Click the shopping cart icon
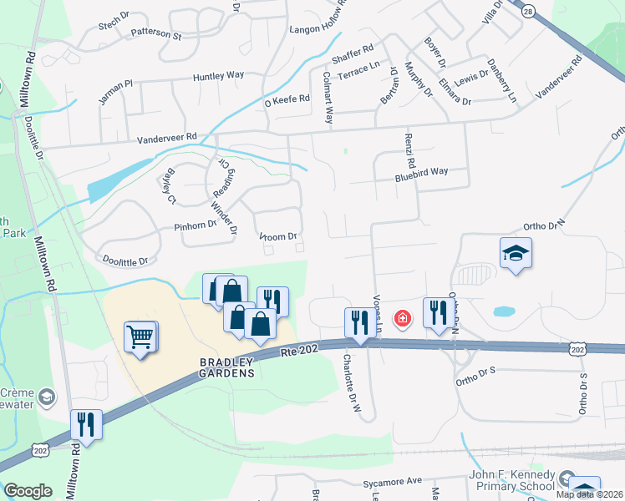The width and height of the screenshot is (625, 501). pyautogui.click(x=140, y=337)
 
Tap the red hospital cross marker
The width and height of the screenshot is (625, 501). pyautogui.click(x=402, y=319)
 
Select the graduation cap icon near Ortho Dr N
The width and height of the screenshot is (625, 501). pyautogui.click(x=516, y=254)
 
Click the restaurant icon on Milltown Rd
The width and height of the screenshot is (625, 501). pyautogui.click(x=85, y=425)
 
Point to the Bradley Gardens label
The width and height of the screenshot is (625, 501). pyautogui.click(x=226, y=367)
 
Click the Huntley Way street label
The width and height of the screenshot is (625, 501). pyautogui.click(x=218, y=75)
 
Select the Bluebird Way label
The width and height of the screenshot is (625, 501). pyautogui.click(x=422, y=172)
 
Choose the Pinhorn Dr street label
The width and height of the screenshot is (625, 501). pyautogui.click(x=195, y=225)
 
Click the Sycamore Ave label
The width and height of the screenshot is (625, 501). pyautogui.click(x=393, y=482)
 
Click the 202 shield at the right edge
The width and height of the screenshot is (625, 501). pyautogui.click(x=578, y=347)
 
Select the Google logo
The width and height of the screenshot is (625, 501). pyautogui.click(x=28, y=491)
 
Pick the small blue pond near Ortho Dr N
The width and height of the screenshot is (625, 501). pyautogui.click(x=504, y=311)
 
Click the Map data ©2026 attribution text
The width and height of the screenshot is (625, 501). pyautogui.click(x=588, y=494)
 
